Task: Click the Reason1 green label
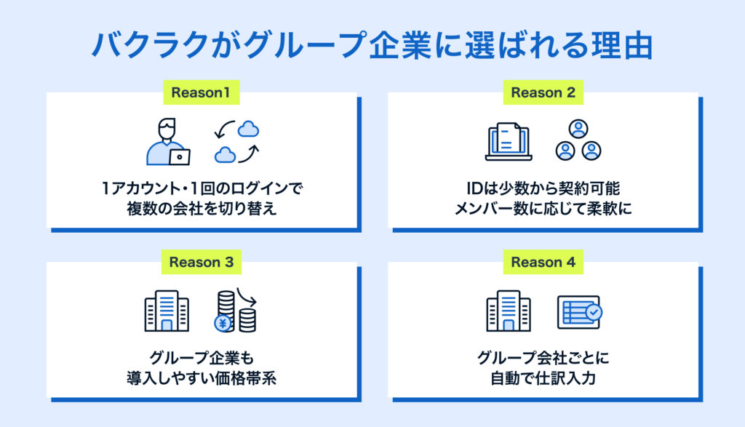click(201, 92)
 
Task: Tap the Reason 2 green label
click(543, 92)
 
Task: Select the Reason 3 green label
click(202, 262)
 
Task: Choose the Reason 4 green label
click(543, 262)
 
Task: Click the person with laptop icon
click(168, 142)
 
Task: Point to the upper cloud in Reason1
click(248, 129)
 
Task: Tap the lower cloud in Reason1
click(225, 155)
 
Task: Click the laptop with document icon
click(509, 142)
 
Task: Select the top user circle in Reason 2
click(578, 128)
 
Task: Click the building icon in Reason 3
click(167, 311)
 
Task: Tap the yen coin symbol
click(223, 324)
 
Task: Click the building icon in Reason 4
click(509, 311)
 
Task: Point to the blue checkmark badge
click(594, 312)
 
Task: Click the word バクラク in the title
click(151, 46)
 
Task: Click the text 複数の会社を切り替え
click(202, 209)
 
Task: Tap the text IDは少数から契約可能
click(543, 188)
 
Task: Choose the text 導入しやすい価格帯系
click(202, 378)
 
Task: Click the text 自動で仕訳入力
click(543, 378)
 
